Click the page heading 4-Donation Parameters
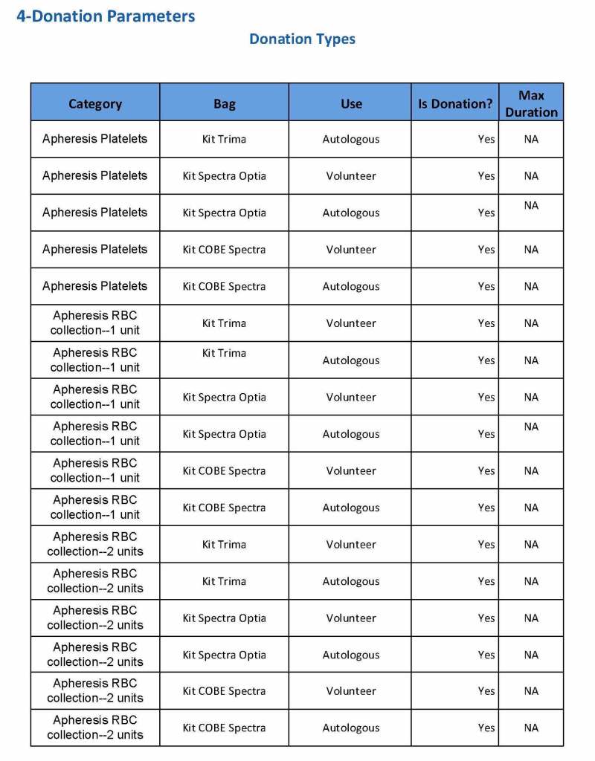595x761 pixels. [106, 16]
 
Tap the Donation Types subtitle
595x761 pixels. [302, 39]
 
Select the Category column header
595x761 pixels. [95, 103]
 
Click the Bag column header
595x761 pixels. [224, 103]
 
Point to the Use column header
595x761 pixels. [351, 103]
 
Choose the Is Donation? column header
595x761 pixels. [454, 103]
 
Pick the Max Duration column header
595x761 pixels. [531, 103]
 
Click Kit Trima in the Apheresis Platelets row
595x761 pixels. [224, 139]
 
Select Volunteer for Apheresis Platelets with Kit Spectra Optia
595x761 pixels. [351, 176]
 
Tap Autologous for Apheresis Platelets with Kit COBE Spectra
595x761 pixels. [351, 286]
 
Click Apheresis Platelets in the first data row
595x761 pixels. [95, 139]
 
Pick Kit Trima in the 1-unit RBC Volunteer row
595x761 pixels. [224, 323]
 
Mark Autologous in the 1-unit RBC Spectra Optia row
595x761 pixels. [351, 434]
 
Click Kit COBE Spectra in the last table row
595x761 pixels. [224, 728]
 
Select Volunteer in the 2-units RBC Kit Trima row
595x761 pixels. [351, 545]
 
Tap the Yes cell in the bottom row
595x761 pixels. [486, 728]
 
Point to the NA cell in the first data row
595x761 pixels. [531, 139]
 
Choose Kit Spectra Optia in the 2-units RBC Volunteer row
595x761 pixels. [224, 618]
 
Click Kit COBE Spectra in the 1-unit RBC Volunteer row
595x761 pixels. [224, 471]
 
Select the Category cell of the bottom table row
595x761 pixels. [95, 728]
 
